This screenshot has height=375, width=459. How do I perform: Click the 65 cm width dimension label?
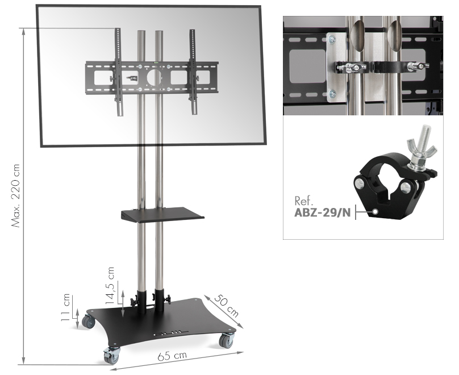(x=172, y=356)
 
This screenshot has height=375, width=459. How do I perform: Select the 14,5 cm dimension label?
(x=110, y=286)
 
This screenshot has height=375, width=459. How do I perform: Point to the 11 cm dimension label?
(x=65, y=307)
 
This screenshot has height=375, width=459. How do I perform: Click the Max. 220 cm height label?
(x=15, y=195)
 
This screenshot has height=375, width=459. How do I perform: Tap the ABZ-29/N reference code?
(x=322, y=213)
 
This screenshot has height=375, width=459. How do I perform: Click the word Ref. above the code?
(x=303, y=201)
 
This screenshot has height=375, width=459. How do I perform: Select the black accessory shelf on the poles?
(x=162, y=215)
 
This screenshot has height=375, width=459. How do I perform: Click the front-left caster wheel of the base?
(x=111, y=355)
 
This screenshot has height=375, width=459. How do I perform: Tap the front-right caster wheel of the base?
(x=227, y=340)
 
